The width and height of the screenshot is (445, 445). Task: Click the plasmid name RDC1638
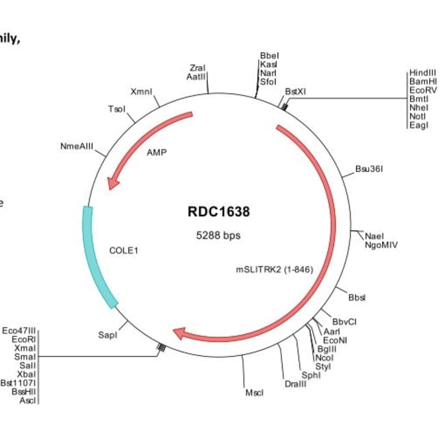click(218, 212)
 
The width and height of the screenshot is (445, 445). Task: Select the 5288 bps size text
click(218, 235)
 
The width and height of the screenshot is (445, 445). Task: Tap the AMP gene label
click(157, 152)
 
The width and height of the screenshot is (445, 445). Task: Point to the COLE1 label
click(124, 251)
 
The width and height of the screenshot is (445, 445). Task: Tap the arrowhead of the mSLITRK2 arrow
click(181, 333)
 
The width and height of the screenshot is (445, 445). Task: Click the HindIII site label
click(422, 73)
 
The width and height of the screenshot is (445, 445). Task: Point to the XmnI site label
click(141, 92)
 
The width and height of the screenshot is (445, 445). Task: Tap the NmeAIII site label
click(77, 147)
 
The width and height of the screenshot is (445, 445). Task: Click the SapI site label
click(107, 335)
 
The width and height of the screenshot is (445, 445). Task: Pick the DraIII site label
click(296, 383)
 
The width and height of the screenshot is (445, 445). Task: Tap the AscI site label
click(27, 400)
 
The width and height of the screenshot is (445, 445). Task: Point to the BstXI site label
click(296, 90)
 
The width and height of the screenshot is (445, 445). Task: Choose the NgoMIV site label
click(381, 244)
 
